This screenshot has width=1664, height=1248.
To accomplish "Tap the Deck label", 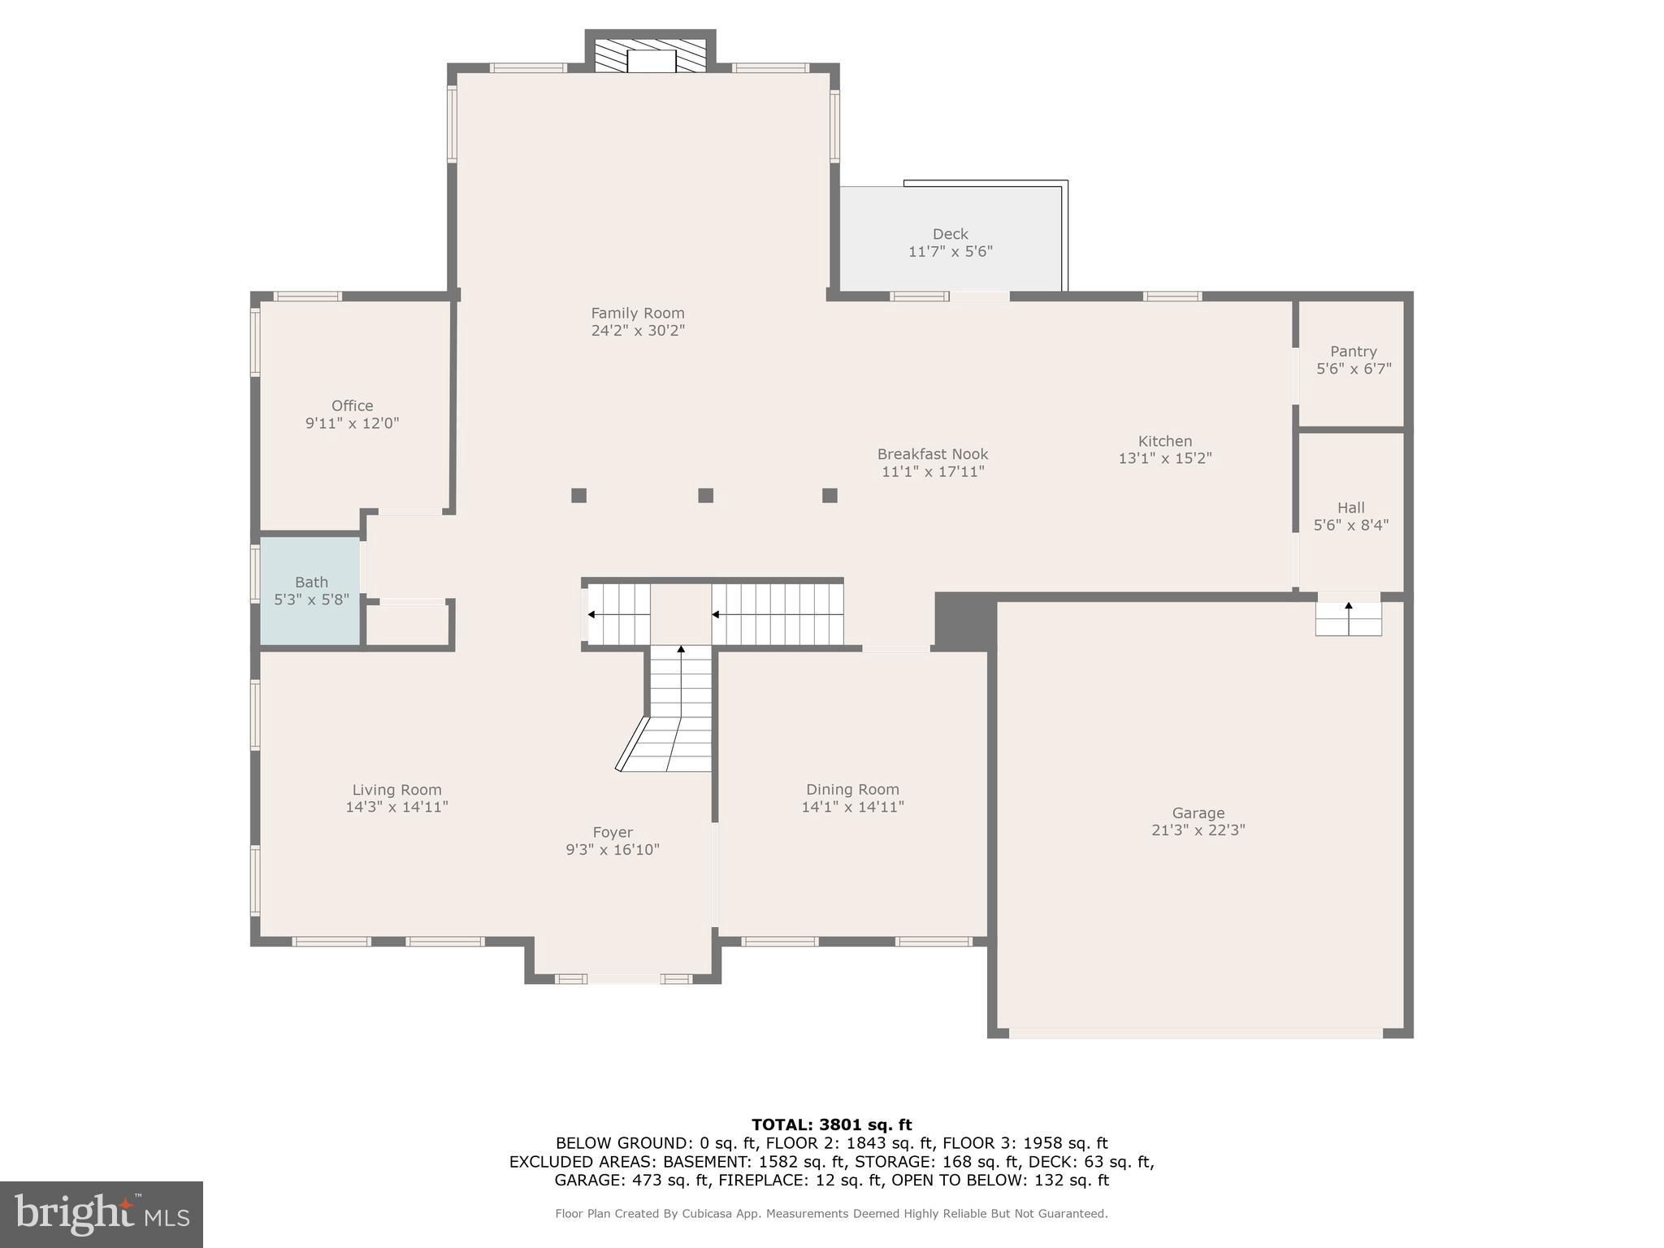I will coord(950,234).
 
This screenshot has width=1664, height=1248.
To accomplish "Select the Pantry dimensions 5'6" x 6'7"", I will coord(1354,369).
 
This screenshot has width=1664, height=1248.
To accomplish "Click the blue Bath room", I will coord(310,591).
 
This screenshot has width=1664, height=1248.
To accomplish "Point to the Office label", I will coord(352,405).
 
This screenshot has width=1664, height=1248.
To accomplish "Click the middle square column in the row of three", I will coord(705,495).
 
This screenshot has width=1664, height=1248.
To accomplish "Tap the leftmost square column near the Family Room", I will coord(578,495).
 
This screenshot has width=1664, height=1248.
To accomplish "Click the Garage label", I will coord(1198,812).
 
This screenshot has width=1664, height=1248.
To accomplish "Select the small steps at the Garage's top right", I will coord(1348,618).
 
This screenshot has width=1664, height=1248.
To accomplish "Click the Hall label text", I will coord(1350,508).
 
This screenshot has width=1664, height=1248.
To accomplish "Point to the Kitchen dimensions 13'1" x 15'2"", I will coord(1164,458).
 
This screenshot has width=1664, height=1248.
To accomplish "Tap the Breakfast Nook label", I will coord(932,454).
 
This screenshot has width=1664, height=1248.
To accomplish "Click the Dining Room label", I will coord(852,789).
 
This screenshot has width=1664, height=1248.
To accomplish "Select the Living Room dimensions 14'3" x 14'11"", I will coord(396,807).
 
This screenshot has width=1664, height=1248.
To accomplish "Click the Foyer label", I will coord(612,832).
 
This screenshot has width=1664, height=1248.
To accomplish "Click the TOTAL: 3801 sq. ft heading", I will coord(831,1124).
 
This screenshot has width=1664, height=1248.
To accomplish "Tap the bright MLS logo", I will coord(102,1214).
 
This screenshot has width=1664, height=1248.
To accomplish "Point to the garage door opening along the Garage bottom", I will coord(1195,1033).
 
